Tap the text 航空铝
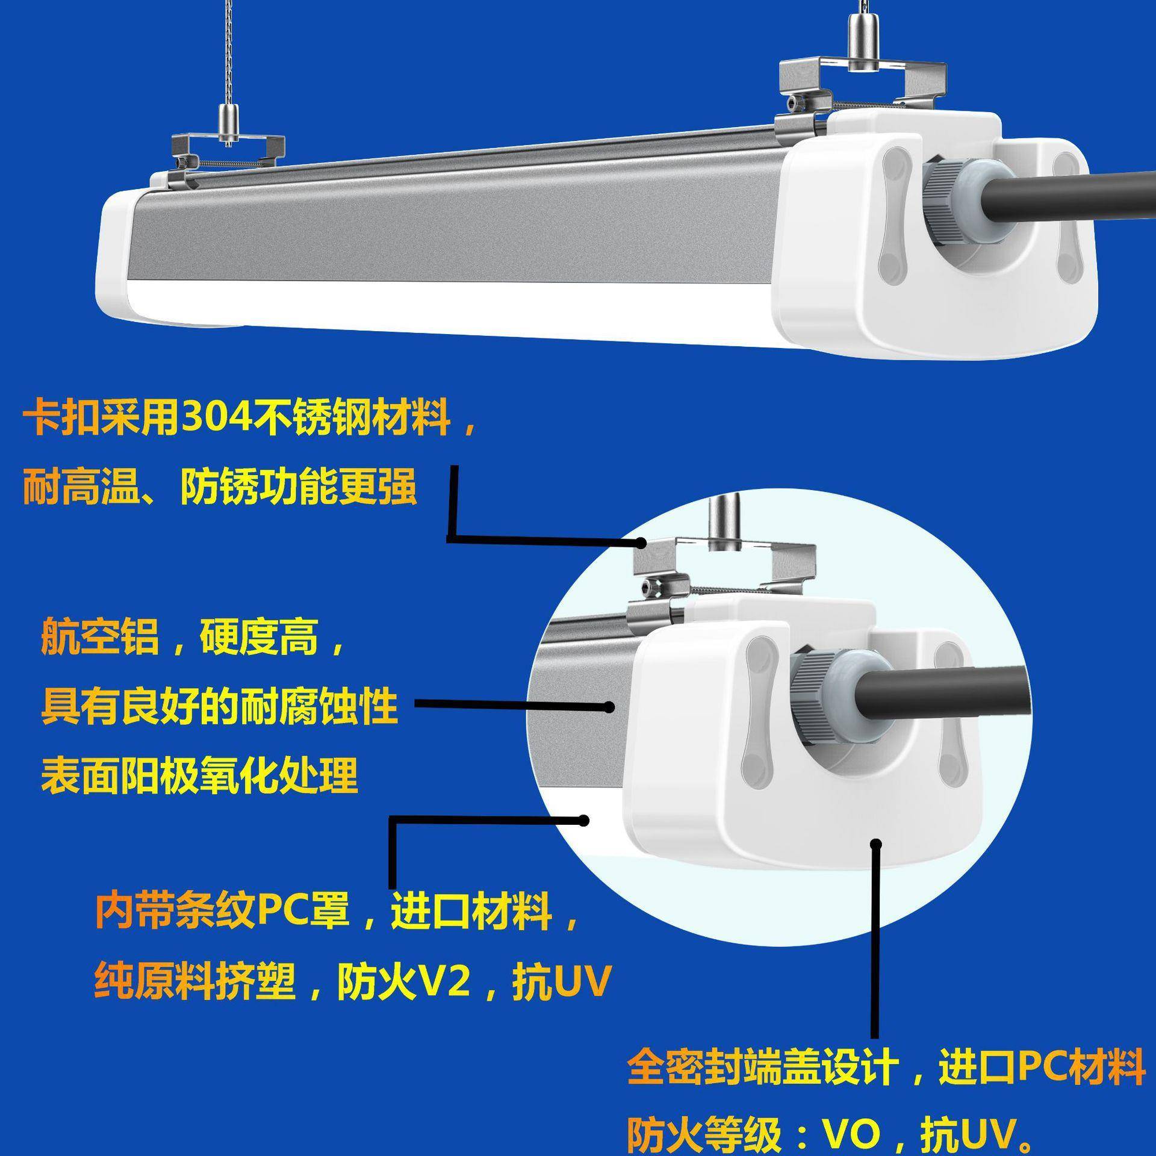[x=100, y=636]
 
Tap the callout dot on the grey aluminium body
[x=609, y=707]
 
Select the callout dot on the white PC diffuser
[x=583, y=820]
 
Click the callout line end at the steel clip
[x=642, y=543]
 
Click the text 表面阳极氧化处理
[x=199, y=775]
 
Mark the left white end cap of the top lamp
[x=120, y=253]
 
